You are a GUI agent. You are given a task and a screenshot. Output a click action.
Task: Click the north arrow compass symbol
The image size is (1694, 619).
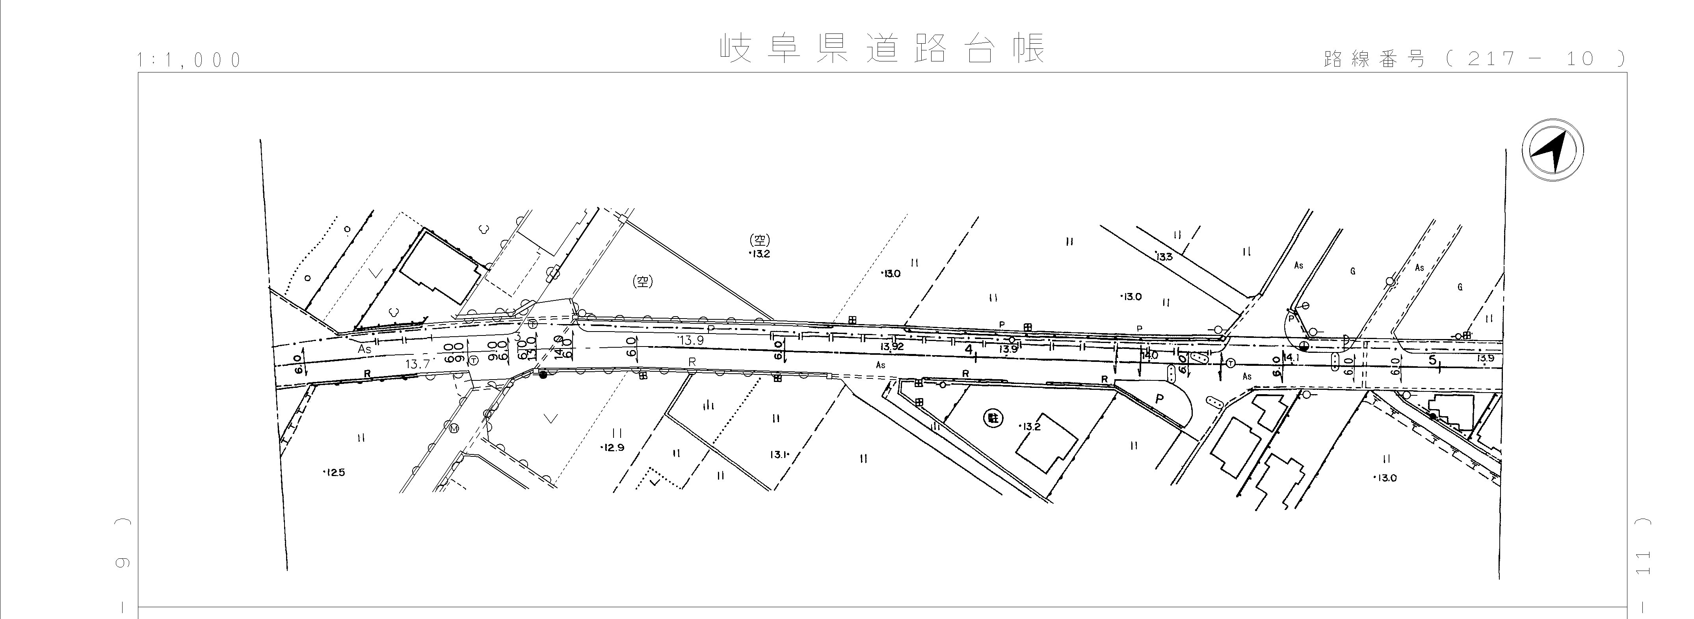coord(1553,150)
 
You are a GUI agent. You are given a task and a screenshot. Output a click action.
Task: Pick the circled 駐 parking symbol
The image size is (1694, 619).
coord(992,417)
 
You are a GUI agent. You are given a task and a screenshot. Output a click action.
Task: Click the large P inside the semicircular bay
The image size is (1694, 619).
coord(1159,398)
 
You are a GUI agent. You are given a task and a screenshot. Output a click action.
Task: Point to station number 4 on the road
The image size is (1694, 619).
coord(968,350)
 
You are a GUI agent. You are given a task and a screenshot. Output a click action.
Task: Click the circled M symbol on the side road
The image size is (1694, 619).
coord(454,428)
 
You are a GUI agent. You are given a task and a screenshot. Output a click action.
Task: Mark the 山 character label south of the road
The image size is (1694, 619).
coord(708,406)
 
